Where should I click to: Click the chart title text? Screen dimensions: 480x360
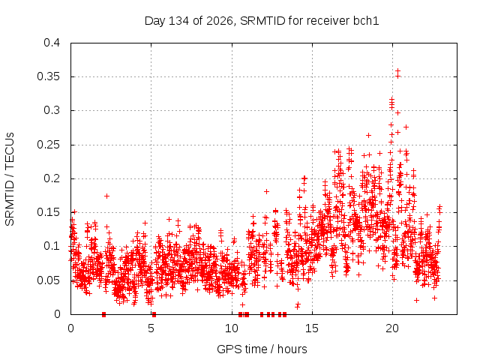[262, 21]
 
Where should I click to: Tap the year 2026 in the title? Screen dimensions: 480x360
[219, 21]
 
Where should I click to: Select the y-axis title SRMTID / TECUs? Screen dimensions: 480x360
[10, 179]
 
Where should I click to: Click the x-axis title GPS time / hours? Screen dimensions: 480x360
[262, 349]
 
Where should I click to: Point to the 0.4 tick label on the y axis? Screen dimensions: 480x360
[52, 43]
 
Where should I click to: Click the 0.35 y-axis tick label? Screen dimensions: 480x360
[48, 76]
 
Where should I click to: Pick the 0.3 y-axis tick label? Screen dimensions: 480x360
[52, 110]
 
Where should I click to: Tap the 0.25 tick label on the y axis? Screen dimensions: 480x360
[48, 145]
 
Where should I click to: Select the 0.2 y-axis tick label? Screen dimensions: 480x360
[52, 178]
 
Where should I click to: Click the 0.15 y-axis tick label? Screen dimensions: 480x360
[48, 212]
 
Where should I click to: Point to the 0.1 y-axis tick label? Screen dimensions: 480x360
[52, 246]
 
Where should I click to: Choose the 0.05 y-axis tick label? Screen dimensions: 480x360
[48, 280]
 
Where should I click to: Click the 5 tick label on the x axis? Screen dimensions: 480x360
[151, 328]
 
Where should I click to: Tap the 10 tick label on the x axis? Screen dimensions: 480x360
[232, 328]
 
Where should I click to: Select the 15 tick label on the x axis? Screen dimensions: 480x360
[312, 328]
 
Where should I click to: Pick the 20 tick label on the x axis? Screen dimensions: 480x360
[392, 328]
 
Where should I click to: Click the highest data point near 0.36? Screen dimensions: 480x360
[397, 71]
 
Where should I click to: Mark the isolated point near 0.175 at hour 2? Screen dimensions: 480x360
[106, 196]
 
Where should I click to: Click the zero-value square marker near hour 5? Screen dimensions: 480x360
[154, 314]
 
